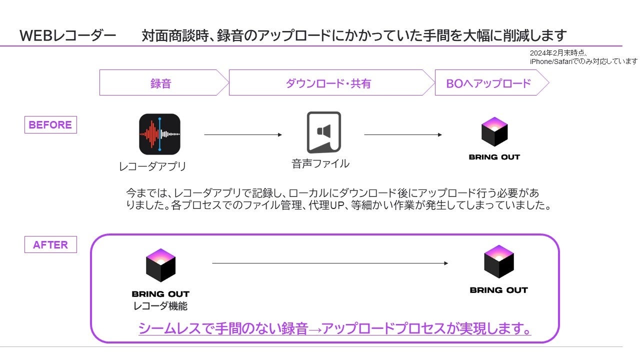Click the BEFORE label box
[50, 124]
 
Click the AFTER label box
[50, 244]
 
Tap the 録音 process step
[161, 83]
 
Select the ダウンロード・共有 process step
[328, 83]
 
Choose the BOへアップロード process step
[488, 83]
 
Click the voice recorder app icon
[159, 134]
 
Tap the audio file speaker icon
[323, 132]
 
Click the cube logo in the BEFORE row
[494, 131]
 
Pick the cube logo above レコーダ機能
[160, 264]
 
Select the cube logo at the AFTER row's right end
[498, 261]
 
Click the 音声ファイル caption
[320, 163]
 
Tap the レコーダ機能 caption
[160, 306]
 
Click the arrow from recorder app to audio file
[243, 135]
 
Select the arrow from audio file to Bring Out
[403, 135]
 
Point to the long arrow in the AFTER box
[330, 263]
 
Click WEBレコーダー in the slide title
[68, 36]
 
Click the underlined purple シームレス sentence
[334, 328]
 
